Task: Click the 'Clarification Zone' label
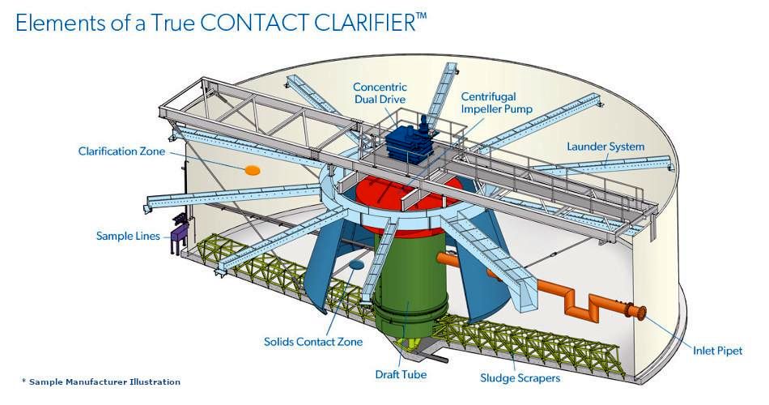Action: click(121, 151)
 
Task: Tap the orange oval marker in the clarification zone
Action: click(252, 170)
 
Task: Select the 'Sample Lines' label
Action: click(128, 237)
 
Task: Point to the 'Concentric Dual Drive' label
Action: click(380, 93)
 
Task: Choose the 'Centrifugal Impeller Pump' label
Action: click(496, 103)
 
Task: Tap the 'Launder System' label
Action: click(605, 147)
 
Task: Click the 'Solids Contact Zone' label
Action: click(313, 342)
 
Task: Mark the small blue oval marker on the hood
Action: click(356, 265)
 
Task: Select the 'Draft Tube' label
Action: click(401, 374)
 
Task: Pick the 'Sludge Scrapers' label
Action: click(520, 378)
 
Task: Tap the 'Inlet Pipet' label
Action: click(717, 351)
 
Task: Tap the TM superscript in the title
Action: click(421, 16)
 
